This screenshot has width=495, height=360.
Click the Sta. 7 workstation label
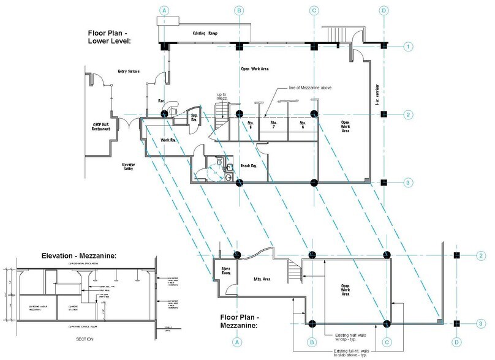pos(274,125)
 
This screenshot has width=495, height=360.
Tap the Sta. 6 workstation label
pos(301,125)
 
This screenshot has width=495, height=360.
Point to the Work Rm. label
pos(169,140)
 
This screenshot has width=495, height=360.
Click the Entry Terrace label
pos(129,72)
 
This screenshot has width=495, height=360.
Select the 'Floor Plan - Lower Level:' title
pos(113,36)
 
